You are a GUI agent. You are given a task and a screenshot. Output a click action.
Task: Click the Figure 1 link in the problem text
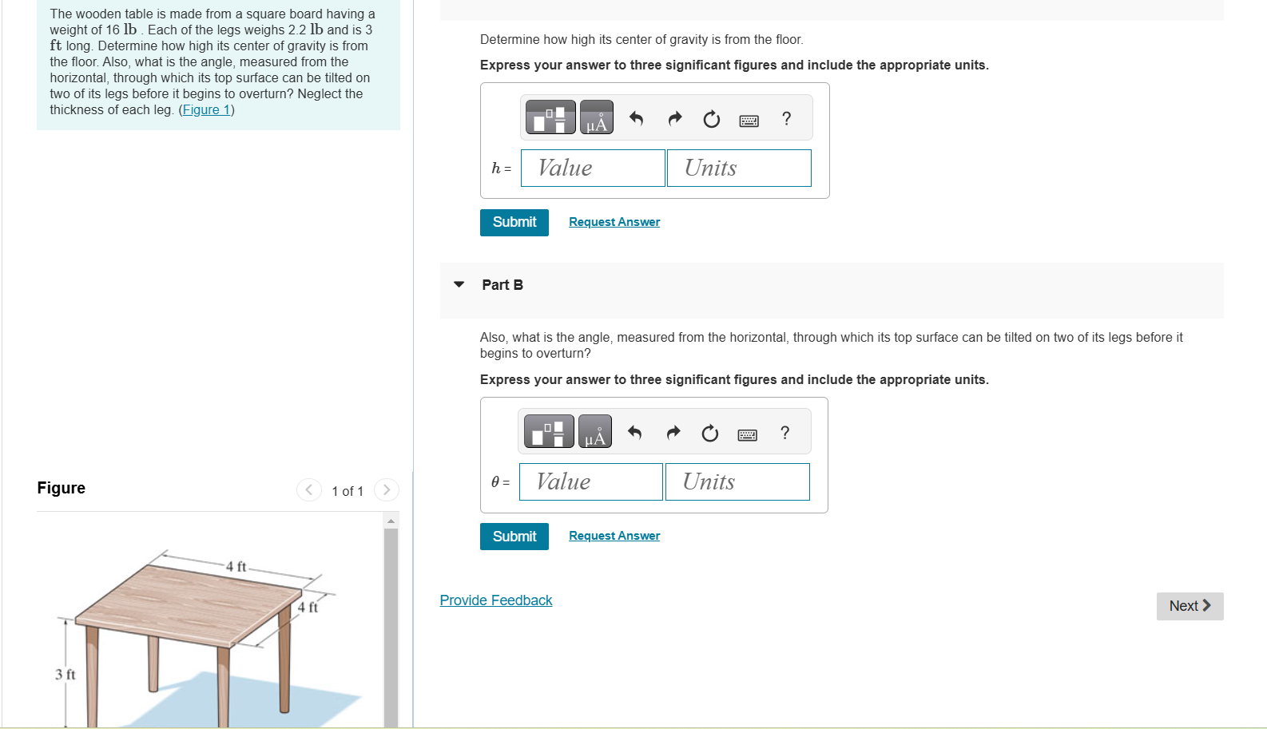point(206,109)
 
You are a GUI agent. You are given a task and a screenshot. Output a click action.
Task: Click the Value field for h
point(592,168)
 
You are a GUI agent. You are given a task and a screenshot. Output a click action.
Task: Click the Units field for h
point(738,168)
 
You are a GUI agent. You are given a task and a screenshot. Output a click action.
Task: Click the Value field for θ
point(590,482)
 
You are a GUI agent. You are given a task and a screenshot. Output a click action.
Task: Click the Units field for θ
point(737,482)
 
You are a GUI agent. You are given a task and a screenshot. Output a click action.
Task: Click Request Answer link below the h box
point(614,222)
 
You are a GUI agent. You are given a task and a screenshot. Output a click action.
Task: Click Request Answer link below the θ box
point(614,536)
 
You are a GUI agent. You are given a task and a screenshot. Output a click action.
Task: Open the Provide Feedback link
point(495,600)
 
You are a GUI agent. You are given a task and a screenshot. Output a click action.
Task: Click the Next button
point(1189,606)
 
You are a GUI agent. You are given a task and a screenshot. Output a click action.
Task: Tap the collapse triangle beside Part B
point(459,284)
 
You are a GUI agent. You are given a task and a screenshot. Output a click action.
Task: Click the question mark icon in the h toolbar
point(786,119)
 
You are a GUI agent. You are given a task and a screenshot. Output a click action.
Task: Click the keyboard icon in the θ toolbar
point(747,434)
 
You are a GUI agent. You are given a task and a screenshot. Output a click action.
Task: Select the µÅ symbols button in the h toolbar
point(596,118)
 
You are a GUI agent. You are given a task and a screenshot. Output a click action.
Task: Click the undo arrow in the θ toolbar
point(634,433)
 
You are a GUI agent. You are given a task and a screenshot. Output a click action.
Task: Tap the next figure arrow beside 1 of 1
point(387,490)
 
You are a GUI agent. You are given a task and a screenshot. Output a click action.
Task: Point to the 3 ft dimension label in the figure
point(65,675)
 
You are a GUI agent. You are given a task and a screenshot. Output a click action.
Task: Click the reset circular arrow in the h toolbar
point(711,119)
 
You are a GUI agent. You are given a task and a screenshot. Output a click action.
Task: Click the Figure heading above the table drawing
point(61,488)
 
